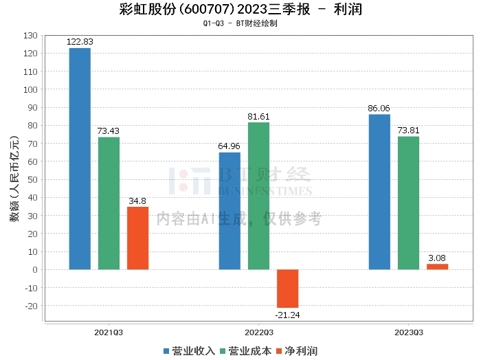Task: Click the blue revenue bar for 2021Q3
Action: point(80,159)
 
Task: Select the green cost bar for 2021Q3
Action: point(109,203)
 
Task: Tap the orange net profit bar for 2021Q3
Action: point(137,238)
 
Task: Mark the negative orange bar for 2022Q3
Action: point(287,288)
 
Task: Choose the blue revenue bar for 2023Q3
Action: point(379,192)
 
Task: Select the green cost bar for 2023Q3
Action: point(408,203)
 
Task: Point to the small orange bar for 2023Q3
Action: point(437,267)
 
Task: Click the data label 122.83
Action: point(80,42)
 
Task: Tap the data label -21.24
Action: point(287,315)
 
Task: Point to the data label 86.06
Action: point(379,109)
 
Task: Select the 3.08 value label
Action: point(437,258)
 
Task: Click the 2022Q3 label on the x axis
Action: point(258,333)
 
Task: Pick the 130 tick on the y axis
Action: point(30,35)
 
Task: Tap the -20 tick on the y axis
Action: point(30,305)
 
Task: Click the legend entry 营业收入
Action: point(189,350)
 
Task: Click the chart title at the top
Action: point(240,10)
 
